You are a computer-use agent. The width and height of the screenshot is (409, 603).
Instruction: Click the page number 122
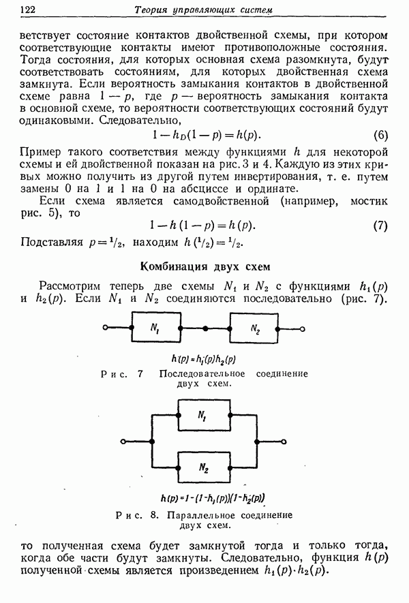click(x=27, y=10)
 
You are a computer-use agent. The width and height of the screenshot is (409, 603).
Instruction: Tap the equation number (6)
click(x=380, y=136)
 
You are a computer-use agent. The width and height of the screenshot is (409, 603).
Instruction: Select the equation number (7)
click(x=380, y=226)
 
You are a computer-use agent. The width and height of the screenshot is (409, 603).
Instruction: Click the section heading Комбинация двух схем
click(x=204, y=266)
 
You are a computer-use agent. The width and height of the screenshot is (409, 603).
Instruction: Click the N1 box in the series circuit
click(x=156, y=327)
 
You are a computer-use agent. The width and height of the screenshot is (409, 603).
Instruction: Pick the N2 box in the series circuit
click(x=254, y=328)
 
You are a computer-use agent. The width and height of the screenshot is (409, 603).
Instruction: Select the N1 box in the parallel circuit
click(x=204, y=415)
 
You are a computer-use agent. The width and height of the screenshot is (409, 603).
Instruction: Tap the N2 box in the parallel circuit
click(x=204, y=467)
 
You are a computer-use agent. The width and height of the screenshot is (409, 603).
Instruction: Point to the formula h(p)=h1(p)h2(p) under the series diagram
click(x=204, y=359)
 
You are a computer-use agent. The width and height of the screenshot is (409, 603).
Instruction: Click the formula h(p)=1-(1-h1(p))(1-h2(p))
click(x=213, y=498)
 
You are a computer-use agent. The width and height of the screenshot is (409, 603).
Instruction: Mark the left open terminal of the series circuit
click(x=105, y=327)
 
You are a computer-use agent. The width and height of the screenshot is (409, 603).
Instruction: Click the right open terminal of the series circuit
click(x=303, y=329)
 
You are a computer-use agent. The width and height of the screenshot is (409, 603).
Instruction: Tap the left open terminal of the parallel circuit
click(x=123, y=442)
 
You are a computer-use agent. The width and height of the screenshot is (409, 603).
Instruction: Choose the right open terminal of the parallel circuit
click(x=284, y=442)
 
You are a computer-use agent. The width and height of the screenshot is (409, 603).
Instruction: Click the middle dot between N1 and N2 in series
click(x=205, y=328)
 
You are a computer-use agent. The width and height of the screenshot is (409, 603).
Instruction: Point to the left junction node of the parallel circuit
click(x=153, y=442)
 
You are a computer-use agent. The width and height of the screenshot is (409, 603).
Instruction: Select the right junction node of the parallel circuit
click(x=256, y=442)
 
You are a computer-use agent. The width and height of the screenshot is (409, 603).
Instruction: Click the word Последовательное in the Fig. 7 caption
click(x=202, y=374)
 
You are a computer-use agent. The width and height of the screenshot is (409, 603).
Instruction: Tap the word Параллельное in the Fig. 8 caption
click(x=199, y=515)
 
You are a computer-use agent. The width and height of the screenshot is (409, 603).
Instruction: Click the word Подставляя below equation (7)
click(x=52, y=243)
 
